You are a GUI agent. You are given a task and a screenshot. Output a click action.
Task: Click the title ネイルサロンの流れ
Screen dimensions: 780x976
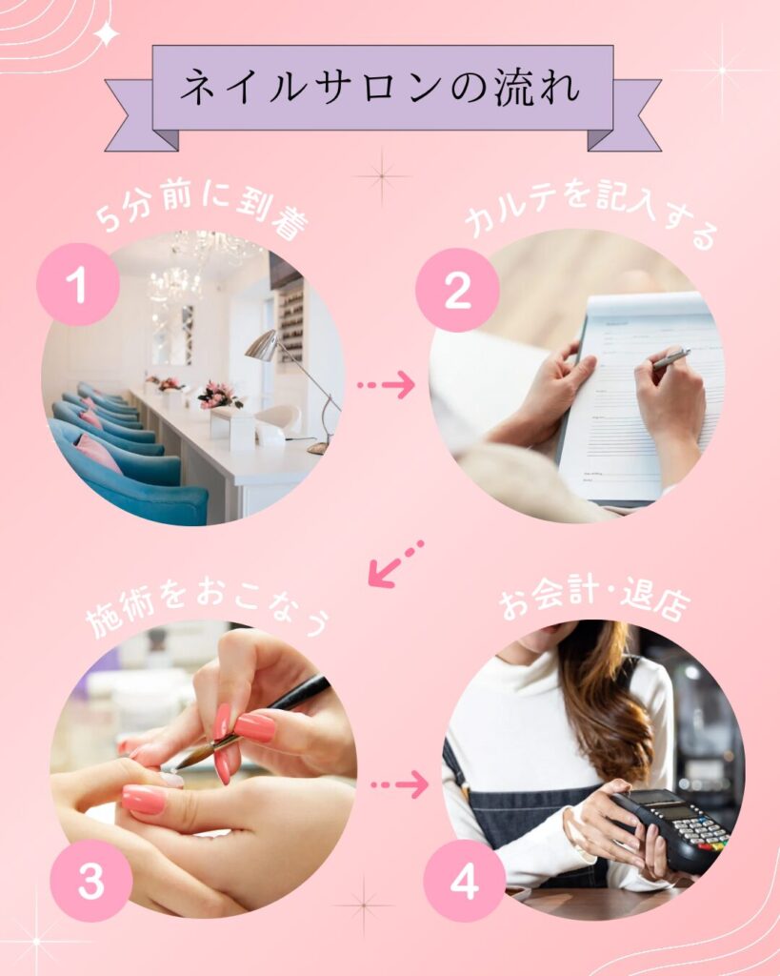coord(380,87)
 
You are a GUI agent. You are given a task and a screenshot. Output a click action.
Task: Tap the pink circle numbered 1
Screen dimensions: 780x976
coord(78,284)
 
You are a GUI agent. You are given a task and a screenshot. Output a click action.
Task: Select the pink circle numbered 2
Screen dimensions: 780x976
coord(457,290)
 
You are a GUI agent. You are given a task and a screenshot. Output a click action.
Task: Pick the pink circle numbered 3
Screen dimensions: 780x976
coord(90,880)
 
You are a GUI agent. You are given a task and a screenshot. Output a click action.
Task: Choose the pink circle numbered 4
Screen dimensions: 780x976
coord(465,880)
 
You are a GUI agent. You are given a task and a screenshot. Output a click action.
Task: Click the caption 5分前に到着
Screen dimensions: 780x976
coord(202,211)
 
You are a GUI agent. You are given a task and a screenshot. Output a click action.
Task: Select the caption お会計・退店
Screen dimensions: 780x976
coord(594,600)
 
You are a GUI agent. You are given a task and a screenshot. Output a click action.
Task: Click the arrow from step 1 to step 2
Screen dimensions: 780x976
coord(386,385)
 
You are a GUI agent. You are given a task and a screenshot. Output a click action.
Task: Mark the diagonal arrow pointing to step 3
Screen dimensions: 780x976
coord(395,564)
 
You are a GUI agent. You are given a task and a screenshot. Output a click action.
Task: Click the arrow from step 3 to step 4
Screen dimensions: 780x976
coord(399,784)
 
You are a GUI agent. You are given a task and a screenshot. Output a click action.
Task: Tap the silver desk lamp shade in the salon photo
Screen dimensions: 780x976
coord(261,345)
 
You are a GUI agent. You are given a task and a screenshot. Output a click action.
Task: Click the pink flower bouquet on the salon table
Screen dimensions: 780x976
coord(220,396)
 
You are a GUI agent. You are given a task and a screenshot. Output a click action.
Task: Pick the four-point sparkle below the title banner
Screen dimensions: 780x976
coord(382,176)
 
